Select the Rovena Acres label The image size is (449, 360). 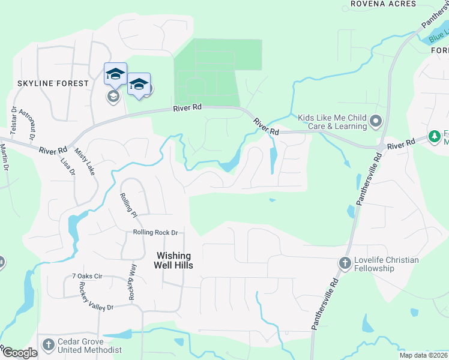click(384, 4)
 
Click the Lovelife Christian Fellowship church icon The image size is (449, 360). click(345, 263)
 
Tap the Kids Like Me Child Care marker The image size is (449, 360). click(376, 121)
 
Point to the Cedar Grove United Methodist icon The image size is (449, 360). click(49, 345)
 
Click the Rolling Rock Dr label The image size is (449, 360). click(155, 232)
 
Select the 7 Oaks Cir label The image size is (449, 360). click(88, 276)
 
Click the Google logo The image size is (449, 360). click(19, 353)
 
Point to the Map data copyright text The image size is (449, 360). click(424, 355)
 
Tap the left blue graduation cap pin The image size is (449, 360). click(115, 74)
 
